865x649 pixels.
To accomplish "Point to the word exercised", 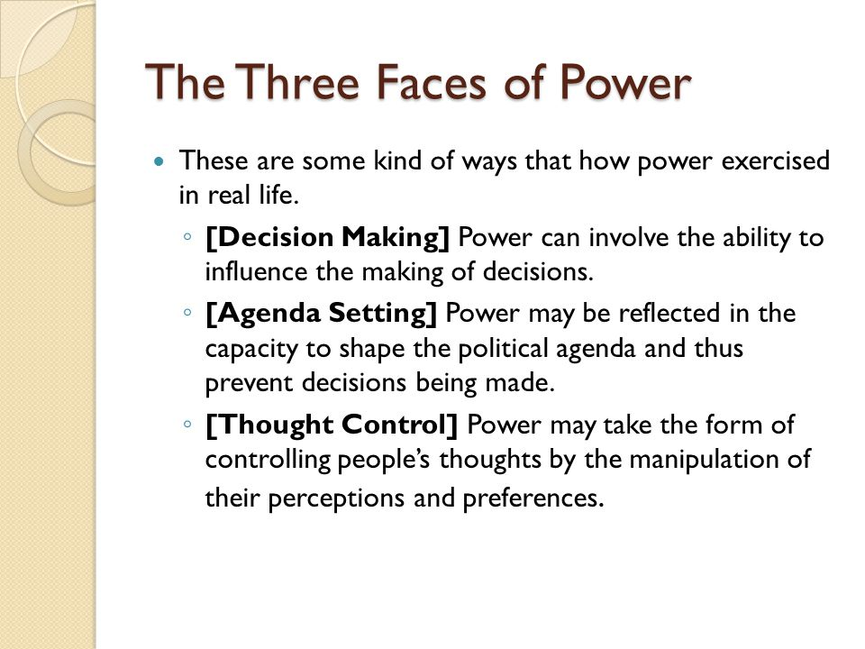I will coord(753,162).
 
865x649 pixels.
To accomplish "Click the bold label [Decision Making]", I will coord(328,238).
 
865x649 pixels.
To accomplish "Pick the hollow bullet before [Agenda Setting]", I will coord(186,313).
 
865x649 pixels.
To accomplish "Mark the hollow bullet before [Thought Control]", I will coord(186,423).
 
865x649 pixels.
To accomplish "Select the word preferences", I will coord(535,497).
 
